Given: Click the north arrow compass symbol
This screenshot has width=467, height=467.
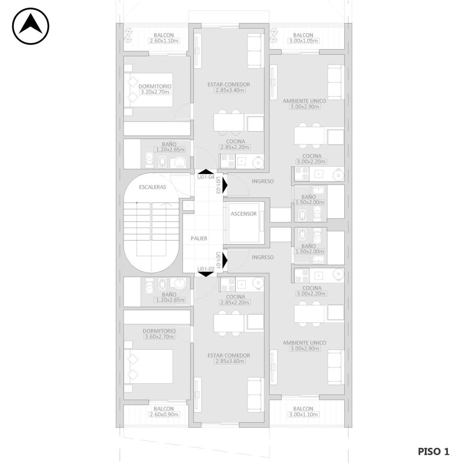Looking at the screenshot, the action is [x=31, y=26].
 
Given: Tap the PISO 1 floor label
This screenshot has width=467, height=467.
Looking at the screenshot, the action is [x=433, y=452].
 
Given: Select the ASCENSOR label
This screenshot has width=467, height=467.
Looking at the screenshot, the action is [x=243, y=214].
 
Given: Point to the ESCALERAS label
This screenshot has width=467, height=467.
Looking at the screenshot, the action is [x=152, y=187].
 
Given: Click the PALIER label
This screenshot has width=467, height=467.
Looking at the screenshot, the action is [x=199, y=238].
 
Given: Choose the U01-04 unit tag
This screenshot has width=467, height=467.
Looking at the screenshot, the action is [x=206, y=177].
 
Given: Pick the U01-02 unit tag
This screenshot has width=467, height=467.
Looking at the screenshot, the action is [x=206, y=269].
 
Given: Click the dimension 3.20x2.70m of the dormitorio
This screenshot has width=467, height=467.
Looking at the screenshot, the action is [x=155, y=92].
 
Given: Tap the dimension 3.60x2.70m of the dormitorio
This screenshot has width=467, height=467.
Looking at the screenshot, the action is [x=159, y=337].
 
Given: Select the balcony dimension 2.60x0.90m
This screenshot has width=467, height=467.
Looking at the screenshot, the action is [x=164, y=414].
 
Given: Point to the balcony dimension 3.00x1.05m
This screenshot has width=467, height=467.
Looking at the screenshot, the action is [x=304, y=40].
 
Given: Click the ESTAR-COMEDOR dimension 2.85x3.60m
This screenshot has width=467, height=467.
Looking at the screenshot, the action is [x=229, y=361].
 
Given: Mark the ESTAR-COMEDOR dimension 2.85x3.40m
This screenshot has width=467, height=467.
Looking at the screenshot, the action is [x=229, y=90].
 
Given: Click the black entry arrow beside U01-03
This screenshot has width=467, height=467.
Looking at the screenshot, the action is [x=225, y=185].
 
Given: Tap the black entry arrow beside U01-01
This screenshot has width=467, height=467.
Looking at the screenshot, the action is [x=225, y=260].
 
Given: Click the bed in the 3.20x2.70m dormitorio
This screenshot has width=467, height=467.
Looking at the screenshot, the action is [x=149, y=90].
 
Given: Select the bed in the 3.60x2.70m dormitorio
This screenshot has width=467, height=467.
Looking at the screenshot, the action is [x=149, y=366].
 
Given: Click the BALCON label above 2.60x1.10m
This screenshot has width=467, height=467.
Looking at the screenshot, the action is [x=164, y=35].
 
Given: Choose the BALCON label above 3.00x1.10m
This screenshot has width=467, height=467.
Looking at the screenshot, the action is [x=303, y=408].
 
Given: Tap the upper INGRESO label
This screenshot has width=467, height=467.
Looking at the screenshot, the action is [x=263, y=181].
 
